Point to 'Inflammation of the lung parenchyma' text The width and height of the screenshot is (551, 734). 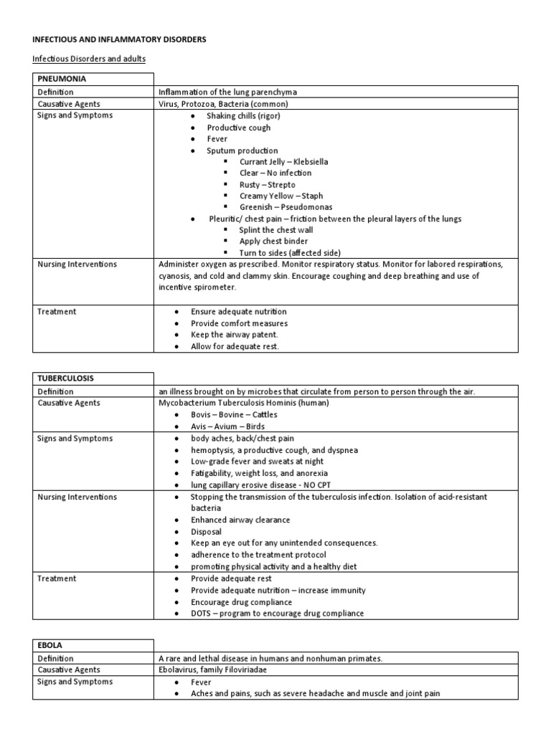(x=227, y=92)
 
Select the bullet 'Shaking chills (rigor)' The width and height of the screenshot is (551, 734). (x=245, y=115)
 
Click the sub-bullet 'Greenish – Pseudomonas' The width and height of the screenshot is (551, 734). (x=286, y=207)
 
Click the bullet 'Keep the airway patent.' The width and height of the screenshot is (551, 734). (x=234, y=335)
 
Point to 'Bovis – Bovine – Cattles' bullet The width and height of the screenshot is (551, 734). (x=235, y=415)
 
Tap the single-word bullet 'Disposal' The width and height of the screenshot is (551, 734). (x=207, y=531)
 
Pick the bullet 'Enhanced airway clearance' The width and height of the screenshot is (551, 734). (x=240, y=520)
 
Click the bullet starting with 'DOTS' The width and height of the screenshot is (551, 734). (x=277, y=613)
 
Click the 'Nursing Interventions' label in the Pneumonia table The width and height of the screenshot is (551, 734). (x=77, y=264)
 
